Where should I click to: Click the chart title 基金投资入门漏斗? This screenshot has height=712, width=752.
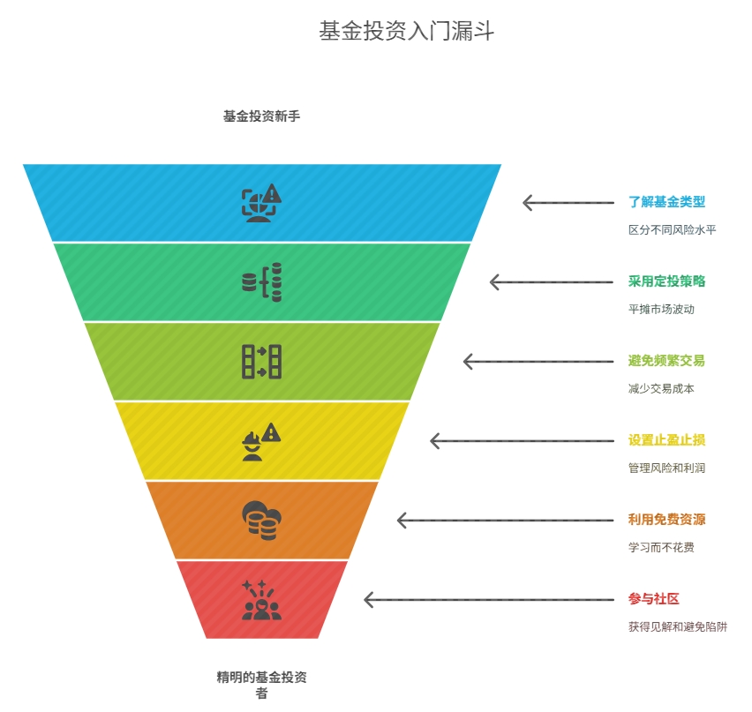pyautogui.click(x=406, y=31)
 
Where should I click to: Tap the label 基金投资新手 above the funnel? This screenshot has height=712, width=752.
pyautogui.click(x=261, y=116)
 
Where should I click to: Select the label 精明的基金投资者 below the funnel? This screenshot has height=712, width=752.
pyautogui.click(x=261, y=685)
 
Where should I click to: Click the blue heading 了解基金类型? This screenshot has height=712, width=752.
pyautogui.click(x=666, y=202)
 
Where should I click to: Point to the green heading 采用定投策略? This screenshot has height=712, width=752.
pyautogui.click(x=666, y=281)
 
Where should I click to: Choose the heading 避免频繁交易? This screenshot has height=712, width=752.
pyautogui.click(x=666, y=361)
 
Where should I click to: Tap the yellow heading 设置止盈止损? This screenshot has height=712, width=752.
pyautogui.click(x=666, y=440)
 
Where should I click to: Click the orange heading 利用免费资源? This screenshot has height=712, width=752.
pyautogui.click(x=666, y=520)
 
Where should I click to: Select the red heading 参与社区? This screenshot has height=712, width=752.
pyautogui.click(x=654, y=599)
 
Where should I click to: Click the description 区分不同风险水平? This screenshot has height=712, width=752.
pyautogui.click(x=672, y=230)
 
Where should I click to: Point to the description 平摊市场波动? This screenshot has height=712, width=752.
pyautogui.click(x=661, y=310)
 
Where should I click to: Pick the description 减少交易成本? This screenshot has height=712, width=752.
pyautogui.click(x=661, y=389)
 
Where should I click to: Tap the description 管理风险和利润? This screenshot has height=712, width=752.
pyautogui.click(x=666, y=468)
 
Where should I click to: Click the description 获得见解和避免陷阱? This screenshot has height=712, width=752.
pyautogui.click(x=678, y=626)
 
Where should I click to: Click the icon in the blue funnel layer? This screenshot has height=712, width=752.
pyautogui.click(x=261, y=202)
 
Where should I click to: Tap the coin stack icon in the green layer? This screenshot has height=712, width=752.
pyautogui.click(x=261, y=282)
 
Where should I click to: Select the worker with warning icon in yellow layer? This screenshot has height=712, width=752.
pyautogui.click(x=261, y=441)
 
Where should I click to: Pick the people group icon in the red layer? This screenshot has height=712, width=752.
pyautogui.click(x=261, y=600)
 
